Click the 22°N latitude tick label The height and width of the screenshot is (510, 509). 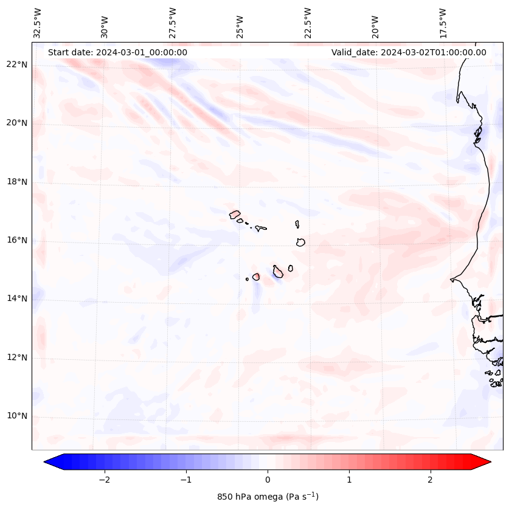(x=17, y=64)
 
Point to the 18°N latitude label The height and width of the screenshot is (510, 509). (x=17, y=182)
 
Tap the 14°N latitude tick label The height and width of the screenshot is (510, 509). (x=17, y=298)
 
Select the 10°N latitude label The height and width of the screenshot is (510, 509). (x=17, y=416)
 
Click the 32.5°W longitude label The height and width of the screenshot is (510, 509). (x=38, y=23)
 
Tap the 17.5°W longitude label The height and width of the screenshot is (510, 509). (x=443, y=23)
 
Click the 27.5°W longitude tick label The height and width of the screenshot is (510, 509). (x=173, y=23)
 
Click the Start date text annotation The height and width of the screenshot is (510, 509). (x=117, y=52)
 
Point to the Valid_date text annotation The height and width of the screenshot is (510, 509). (x=409, y=52)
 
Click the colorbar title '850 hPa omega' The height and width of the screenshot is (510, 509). (x=268, y=497)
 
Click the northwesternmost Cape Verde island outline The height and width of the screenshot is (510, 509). (x=235, y=214)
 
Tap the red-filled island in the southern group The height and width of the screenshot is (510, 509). (x=256, y=277)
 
